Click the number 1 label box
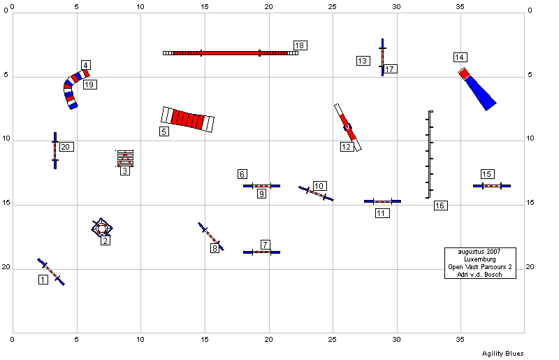point(43,280)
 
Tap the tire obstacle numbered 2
point(102,228)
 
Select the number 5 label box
point(164,131)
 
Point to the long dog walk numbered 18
point(231,53)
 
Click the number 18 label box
point(300,45)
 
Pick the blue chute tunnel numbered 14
point(477,89)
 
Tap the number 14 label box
point(460,57)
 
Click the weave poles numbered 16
point(429,154)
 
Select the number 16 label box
point(441,205)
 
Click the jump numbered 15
point(492,186)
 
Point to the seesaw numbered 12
point(347,127)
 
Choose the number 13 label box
point(363,61)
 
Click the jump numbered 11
point(382,201)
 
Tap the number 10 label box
point(320,186)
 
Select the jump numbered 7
point(261,252)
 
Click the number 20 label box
point(66,147)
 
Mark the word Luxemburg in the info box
point(480,259)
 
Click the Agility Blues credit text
point(502,354)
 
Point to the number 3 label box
point(125,171)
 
